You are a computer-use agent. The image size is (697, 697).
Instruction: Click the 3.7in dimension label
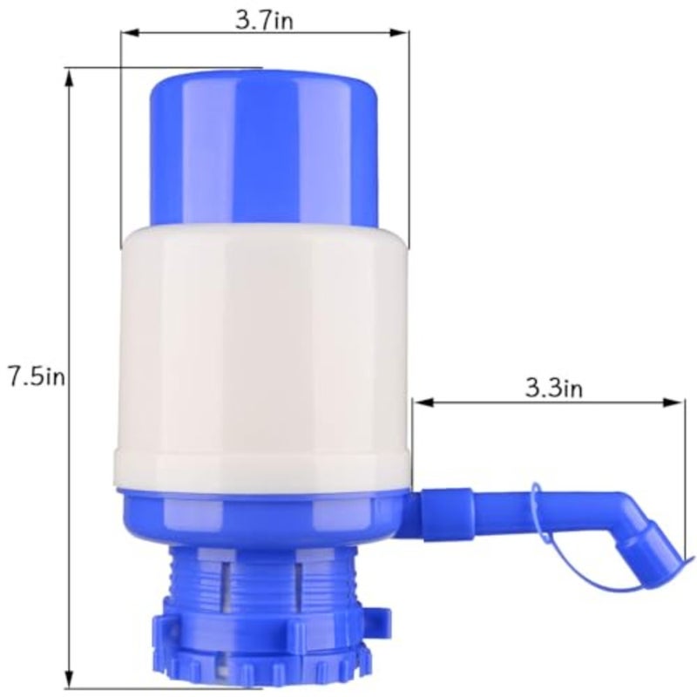[264, 20]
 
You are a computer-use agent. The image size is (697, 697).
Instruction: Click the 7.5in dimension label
[37, 377]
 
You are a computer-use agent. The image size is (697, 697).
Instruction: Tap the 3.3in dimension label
[554, 388]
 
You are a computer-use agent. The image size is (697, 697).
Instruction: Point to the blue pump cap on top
[264, 149]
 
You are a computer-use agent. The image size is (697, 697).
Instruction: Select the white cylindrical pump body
[263, 355]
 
